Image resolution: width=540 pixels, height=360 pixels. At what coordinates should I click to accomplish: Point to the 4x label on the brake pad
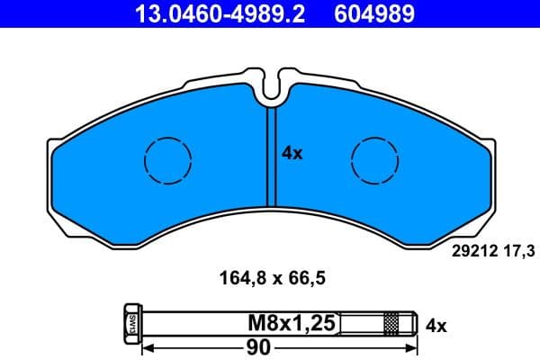(292, 153)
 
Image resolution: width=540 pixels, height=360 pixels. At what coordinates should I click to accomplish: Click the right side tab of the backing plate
(490, 180)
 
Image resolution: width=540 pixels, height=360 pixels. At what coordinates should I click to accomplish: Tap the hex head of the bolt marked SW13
(128, 322)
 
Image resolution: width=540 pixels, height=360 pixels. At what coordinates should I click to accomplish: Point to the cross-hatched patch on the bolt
(391, 322)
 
